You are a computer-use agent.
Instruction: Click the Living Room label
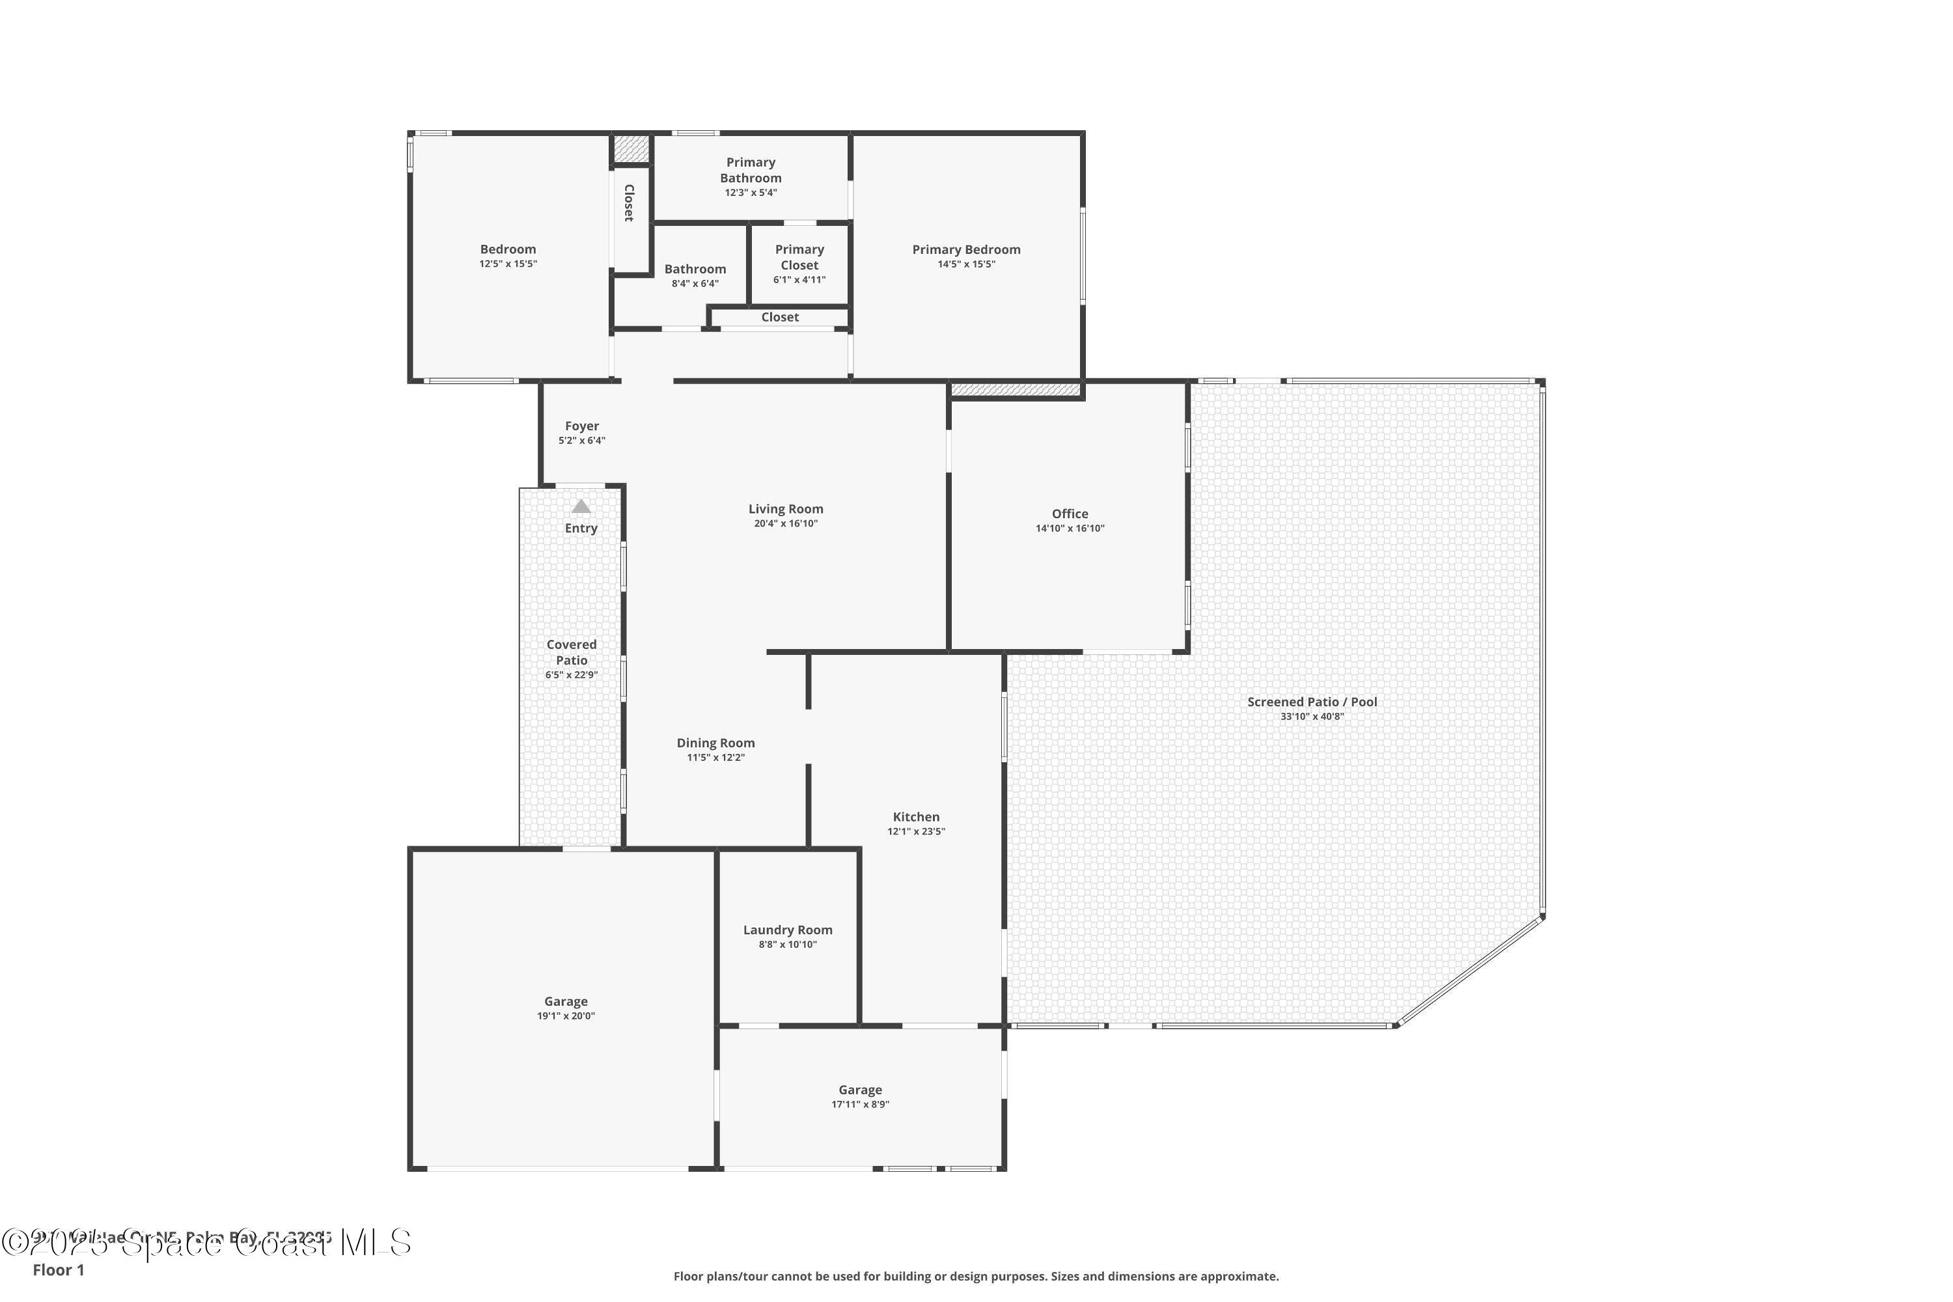[x=786, y=509]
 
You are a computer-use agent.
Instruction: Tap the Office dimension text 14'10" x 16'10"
[x=1070, y=528]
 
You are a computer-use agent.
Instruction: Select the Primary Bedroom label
[x=965, y=249]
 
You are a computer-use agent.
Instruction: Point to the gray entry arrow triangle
[x=581, y=506]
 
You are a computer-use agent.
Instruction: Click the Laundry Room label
[x=787, y=930]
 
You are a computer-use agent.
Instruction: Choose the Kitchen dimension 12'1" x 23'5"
[x=916, y=831]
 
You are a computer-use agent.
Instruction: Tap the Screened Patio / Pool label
[x=1311, y=702]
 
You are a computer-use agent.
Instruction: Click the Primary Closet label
[x=799, y=257]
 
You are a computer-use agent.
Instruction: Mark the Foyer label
[x=581, y=426]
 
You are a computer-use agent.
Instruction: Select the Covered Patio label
[x=572, y=652]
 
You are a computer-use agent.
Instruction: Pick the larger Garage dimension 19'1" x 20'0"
[x=566, y=1016]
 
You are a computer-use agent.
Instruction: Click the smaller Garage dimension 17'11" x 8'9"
[x=859, y=1104]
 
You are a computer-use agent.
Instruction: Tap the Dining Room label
[x=715, y=743]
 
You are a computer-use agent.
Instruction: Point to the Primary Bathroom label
[x=750, y=170]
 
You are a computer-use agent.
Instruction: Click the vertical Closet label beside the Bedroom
[x=630, y=202]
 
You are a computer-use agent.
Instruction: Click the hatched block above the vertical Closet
[x=631, y=148]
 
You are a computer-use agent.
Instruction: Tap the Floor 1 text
[x=58, y=1269]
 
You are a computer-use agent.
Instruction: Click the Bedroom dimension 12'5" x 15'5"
[x=507, y=264]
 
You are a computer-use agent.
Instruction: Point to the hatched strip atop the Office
[x=1015, y=389]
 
